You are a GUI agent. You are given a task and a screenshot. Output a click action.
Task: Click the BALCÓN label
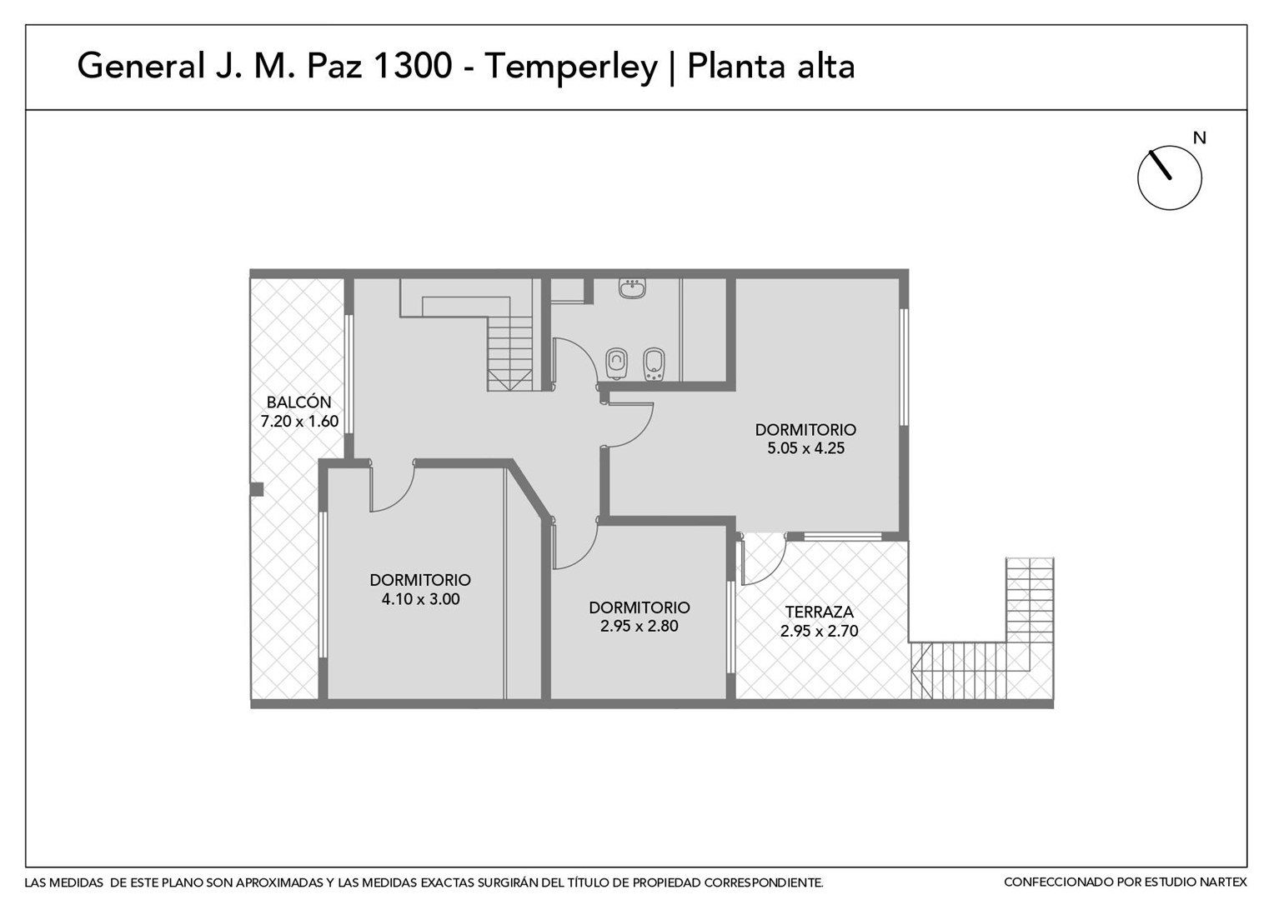[x=298, y=402]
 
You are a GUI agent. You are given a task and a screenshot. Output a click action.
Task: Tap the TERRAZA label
[x=819, y=612]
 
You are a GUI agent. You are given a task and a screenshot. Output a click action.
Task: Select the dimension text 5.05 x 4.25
[x=805, y=448]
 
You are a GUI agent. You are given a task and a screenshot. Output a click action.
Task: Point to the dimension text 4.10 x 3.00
[x=420, y=598]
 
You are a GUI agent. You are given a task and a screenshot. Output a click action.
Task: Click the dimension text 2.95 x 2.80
[x=640, y=626]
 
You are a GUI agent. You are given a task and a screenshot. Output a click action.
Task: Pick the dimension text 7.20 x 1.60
[x=299, y=422]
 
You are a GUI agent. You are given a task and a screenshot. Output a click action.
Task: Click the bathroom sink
[x=632, y=288]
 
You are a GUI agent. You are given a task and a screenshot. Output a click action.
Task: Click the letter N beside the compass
[x=1199, y=138]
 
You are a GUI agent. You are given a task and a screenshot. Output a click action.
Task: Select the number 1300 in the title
[x=413, y=66]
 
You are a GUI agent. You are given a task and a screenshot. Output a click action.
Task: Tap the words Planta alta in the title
[x=771, y=66]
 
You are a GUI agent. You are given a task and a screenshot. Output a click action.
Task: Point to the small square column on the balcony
[x=257, y=489]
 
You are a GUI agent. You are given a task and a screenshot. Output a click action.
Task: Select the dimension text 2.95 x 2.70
[x=819, y=631]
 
